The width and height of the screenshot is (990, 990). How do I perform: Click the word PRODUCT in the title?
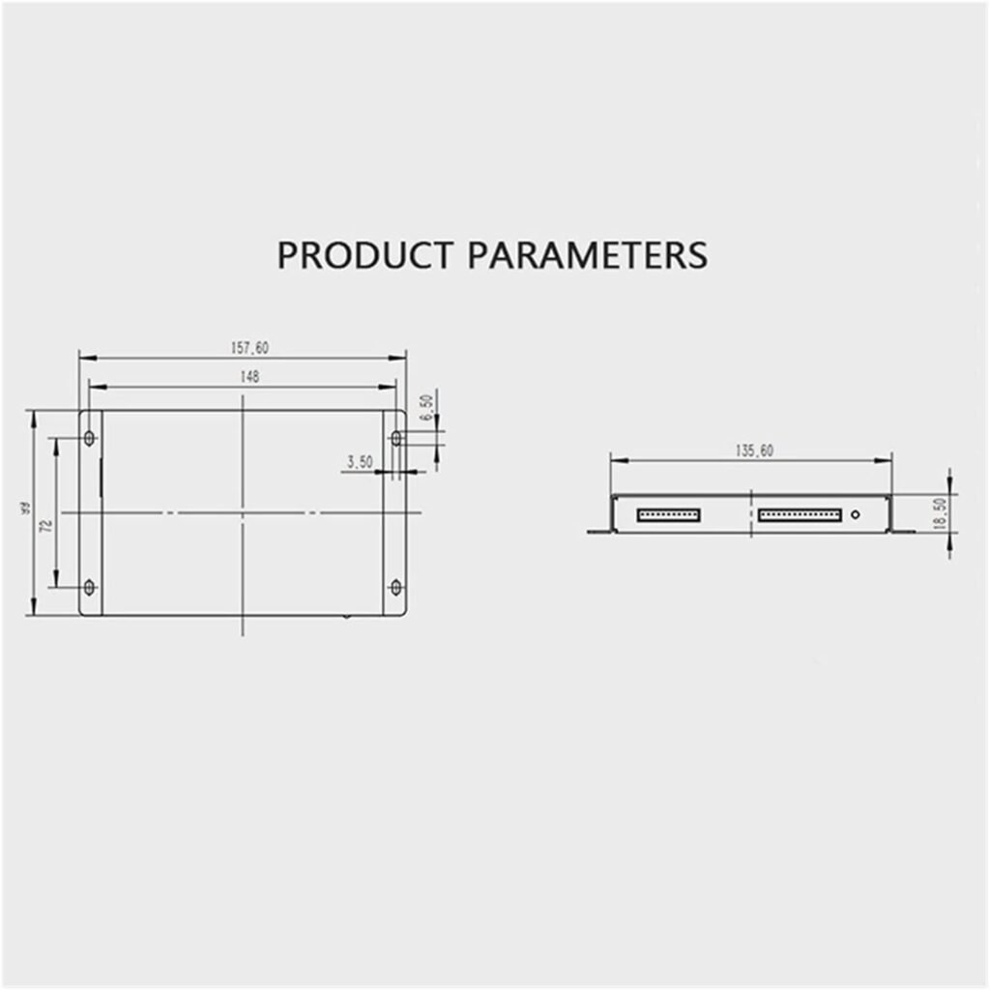[364, 255]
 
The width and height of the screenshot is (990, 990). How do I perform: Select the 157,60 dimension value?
[249, 348]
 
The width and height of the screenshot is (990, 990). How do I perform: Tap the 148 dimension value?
[249, 378]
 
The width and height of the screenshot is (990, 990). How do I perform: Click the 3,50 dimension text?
[359, 463]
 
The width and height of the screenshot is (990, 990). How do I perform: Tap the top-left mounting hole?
[90, 439]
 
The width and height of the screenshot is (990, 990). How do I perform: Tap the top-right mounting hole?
[395, 439]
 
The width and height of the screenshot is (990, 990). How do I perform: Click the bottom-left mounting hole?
[90, 587]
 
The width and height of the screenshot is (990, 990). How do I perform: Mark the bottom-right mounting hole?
[395, 587]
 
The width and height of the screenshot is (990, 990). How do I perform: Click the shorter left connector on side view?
[668, 514]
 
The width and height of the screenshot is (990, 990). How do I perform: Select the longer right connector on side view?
[799, 514]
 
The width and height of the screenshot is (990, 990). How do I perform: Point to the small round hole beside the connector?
[855, 514]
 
